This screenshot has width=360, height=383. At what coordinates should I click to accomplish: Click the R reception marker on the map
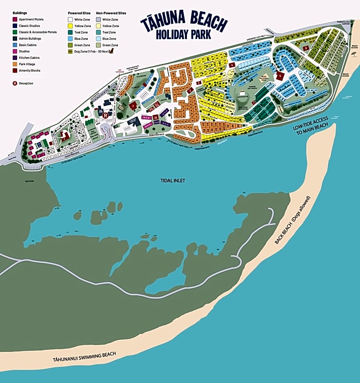click(105, 116)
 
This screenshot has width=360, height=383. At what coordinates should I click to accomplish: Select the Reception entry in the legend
click(15, 84)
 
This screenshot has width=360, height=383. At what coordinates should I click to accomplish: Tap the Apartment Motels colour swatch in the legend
click(15, 20)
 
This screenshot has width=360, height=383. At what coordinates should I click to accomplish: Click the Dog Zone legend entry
click(70, 52)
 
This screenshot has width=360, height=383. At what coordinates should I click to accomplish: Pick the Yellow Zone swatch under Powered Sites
click(70, 26)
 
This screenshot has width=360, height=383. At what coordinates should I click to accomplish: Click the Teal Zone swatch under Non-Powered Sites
click(98, 33)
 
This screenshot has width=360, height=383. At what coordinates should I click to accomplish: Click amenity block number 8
click(306, 48)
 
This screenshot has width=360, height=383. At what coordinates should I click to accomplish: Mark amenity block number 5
click(280, 76)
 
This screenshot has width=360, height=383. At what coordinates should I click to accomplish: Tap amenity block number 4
click(232, 65)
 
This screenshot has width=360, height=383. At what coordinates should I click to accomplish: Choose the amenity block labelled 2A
click(156, 117)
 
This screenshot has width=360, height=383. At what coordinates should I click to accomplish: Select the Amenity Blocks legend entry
click(15, 71)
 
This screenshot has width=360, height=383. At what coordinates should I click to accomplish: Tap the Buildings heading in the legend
click(20, 13)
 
